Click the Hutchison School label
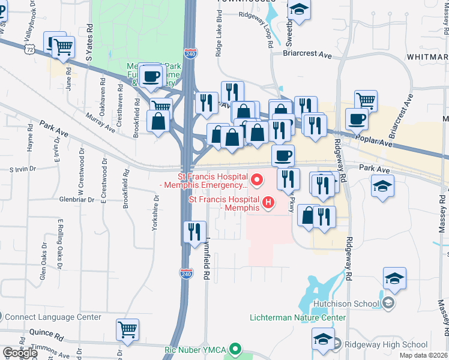click(351, 304)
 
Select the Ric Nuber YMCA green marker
click(235, 348)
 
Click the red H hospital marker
click(268, 203)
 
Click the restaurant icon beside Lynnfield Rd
click(194, 232)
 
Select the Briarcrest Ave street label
click(307, 55)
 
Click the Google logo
click(19, 353)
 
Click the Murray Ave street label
click(100, 122)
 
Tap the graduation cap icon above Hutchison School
click(394, 278)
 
